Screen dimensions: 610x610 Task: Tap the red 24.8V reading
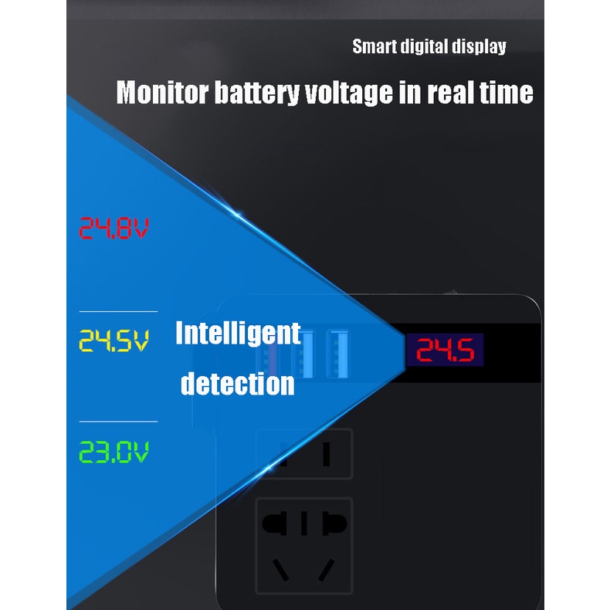[x=114, y=228]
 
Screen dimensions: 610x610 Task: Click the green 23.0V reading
[x=114, y=452]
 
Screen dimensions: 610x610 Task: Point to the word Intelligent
[x=238, y=334]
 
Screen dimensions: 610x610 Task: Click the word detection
[x=238, y=383]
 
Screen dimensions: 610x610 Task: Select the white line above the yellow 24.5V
[x=118, y=311]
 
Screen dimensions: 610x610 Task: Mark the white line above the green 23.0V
[x=118, y=422]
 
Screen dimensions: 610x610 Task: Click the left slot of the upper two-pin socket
[x=284, y=454]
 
